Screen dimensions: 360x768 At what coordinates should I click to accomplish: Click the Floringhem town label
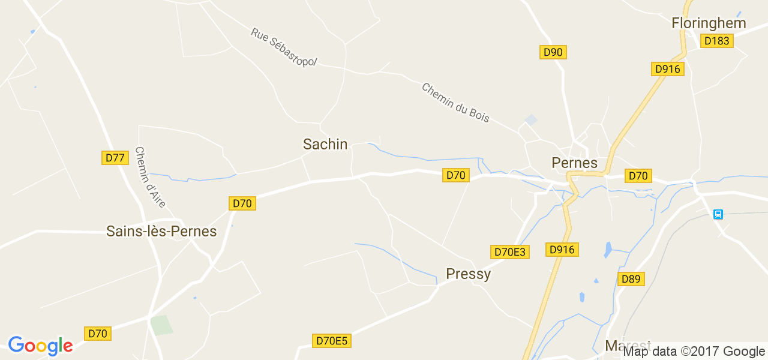[x=709, y=23]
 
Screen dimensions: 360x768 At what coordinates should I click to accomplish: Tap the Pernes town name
[x=574, y=163]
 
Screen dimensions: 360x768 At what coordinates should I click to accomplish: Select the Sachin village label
[x=325, y=144]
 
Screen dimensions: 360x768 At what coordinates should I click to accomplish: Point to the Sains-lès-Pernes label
[x=161, y=231]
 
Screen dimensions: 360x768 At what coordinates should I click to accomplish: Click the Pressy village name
[x=468, y=274]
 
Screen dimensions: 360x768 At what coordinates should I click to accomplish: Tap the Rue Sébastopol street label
[x=284, y=47]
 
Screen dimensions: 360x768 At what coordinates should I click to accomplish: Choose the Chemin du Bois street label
[x=455, y=103]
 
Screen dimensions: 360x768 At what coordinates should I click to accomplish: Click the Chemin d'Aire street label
[x=150, y=177]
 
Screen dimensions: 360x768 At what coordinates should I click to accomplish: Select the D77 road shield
[x=115, y=158]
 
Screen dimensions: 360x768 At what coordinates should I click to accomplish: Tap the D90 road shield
[x=553, y=52]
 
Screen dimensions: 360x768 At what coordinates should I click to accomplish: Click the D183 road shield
[x=716, y=41]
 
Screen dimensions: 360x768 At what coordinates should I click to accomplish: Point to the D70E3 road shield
[x=510, y=252]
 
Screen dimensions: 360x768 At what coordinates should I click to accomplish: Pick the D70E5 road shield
[x=332, y=341]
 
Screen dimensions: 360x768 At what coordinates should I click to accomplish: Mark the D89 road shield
[x=631, y=279]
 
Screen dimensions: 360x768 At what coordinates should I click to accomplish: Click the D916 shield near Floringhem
[x=667, y=69]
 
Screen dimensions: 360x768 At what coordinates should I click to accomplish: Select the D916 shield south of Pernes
[x=562, y=250]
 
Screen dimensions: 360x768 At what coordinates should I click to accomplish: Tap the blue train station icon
[x=718, y=214]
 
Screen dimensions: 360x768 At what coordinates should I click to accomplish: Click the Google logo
[x=40, y=346]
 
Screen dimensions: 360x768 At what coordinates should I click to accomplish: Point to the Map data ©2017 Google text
[x=693, y=352]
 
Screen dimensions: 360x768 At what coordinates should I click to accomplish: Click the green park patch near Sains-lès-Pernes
[x=161, y=325]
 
